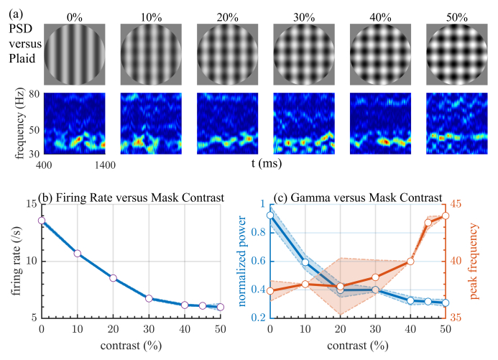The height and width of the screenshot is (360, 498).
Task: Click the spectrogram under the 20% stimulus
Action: tap(227, 123)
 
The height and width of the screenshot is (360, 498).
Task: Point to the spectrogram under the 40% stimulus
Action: tap(380, 123)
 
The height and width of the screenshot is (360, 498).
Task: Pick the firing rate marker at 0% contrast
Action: tap(42, 221)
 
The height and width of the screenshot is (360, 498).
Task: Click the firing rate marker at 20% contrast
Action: tap(113, 278)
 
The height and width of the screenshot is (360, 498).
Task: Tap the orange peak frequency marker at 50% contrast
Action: tap(446, 216)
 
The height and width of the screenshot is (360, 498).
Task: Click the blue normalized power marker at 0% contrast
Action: tap(270, 215)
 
